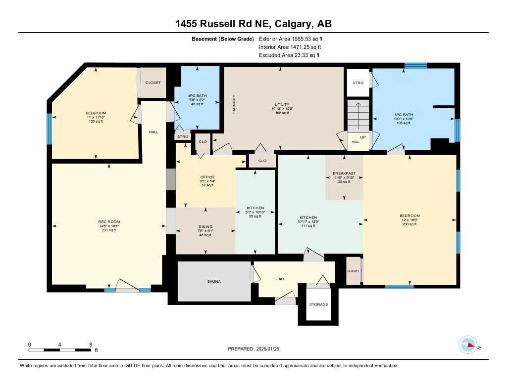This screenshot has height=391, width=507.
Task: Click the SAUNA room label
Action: [x=214, y=281]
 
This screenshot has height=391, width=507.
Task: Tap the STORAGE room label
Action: [x=318, y=304]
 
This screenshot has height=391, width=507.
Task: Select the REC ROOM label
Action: [x=108, y=221]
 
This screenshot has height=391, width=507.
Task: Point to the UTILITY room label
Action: [x=282, y=104]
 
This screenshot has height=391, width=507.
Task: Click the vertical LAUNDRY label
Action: [x=234, y=104]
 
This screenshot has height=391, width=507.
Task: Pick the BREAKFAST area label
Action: [x=344, y=173]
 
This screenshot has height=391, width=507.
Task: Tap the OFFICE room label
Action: [x=207, y=176]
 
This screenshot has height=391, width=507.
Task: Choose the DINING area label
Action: [x=204, y=226]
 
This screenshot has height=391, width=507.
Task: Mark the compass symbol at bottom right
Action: [x=468, y=346]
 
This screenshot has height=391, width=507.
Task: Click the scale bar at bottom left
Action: [x=59, y=350]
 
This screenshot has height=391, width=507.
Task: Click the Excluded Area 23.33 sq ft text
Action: [x=289, y=55]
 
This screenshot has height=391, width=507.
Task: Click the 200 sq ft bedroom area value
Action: [x=409, y=224]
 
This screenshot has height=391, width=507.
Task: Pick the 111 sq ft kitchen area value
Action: [x=308, y=226]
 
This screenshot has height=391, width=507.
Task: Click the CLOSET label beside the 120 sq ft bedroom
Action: [x=153, y=83]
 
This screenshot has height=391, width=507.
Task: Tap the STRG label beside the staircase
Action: [x=358, y=83]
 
